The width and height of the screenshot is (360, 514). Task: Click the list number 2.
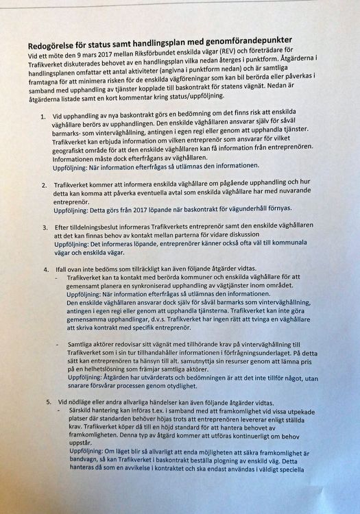[43, 184]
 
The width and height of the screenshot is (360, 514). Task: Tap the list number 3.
[43, 226]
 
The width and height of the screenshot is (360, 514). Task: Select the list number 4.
[45, 271]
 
